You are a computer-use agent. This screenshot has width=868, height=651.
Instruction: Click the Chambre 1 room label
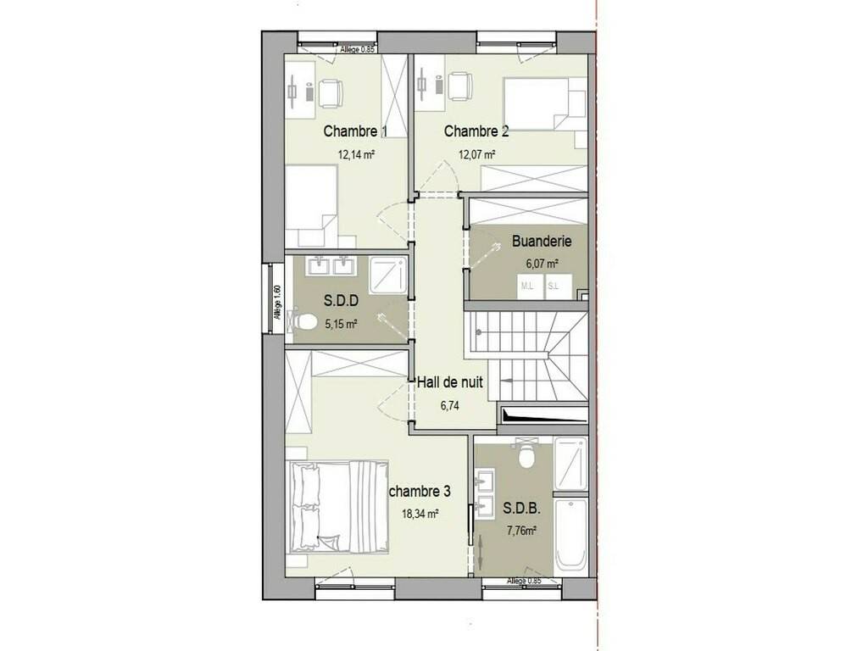pos(355,131)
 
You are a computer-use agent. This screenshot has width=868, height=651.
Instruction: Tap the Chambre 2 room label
pos(476,131)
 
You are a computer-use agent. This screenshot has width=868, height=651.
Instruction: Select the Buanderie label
pos(542,242)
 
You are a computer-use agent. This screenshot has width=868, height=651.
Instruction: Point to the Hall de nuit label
pos(449,382)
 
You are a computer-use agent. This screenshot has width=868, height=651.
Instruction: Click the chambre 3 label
pos(420,491)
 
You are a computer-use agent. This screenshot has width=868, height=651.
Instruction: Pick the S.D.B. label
pos(521,509)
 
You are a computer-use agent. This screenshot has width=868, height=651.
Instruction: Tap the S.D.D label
pos(341,301)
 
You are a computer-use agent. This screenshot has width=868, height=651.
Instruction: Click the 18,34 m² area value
pos(420,514)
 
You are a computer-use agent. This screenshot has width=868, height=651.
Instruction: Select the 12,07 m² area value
pos(476,154)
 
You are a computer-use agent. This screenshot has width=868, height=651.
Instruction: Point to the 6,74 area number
pos(450,406)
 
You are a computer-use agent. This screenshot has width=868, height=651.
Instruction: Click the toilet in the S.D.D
pos(302,322)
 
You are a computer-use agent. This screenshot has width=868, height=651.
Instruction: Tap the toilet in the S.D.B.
pos(526,454)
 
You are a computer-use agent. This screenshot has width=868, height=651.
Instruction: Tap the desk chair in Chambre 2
pos(459,87)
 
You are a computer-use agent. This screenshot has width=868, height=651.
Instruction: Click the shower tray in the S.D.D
pos(387,275)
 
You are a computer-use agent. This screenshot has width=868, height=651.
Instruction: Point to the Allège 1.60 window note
pos(278,302)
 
